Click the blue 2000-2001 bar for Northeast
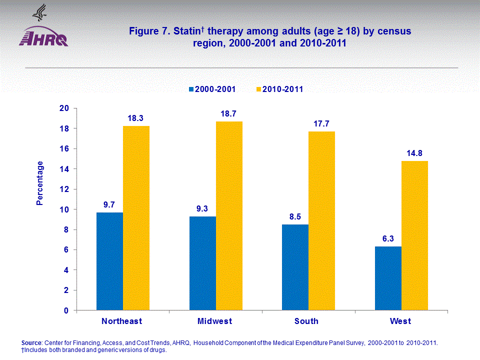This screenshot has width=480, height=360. click(x=109, y=261)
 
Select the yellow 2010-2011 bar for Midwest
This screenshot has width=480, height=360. click(x=229, y=215)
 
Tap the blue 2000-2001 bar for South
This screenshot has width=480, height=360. click(x=295, y=267)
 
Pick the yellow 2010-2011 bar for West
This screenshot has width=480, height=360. click(x=414, y=235)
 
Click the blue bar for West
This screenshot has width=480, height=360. click(x=388, y=278)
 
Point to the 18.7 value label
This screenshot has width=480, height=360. click(x=229, y=113)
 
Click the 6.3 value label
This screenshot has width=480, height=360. click(x=388, y=238)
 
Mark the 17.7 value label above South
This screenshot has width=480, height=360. click(x=322, y=123)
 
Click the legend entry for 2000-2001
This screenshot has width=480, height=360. click(x=211, y=89)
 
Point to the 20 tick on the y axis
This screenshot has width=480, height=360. click(x=64, y=108)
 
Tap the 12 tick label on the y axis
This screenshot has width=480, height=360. click(x=64, y=189)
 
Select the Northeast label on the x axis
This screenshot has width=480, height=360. click(x=122, y=321)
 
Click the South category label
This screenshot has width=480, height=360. click(x=306, y=321)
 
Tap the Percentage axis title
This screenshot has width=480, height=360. click(x=40, y=183)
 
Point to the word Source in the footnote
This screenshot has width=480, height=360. click(x=31, y=342)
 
